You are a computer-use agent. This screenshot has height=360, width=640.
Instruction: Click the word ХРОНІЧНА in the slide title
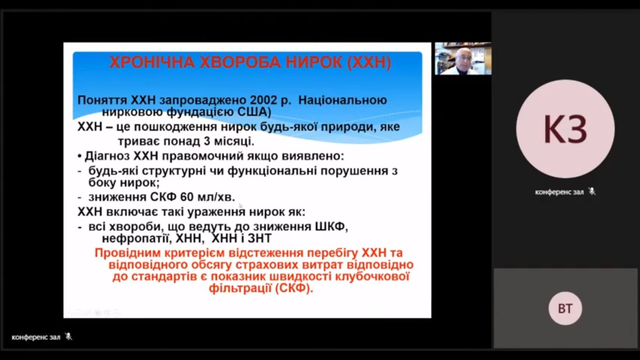(x=152, y=62)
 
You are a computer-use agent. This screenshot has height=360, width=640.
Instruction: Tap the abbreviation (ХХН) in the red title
(x=369, y=63)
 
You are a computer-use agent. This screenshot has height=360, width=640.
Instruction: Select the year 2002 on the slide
(x=263, y=100)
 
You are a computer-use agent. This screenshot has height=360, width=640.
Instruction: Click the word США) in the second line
(x=254, y=112)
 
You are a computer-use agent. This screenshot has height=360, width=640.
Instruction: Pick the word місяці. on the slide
(x=234, y=141)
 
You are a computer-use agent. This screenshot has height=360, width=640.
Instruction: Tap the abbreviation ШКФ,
(x=331, y=227)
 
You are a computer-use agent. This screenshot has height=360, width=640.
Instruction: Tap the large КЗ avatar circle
(x=565, y=129)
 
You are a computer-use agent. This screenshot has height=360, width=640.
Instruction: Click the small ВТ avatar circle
(x=565, y=308)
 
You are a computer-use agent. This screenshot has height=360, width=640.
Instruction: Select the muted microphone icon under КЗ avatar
(x=592, y=192)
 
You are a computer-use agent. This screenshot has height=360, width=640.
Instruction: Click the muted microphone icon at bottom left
(x=68, y=337)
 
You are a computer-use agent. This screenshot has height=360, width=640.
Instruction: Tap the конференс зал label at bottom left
(x=36, y=337)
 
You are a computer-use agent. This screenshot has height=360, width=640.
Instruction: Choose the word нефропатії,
(x=136, y=239)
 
